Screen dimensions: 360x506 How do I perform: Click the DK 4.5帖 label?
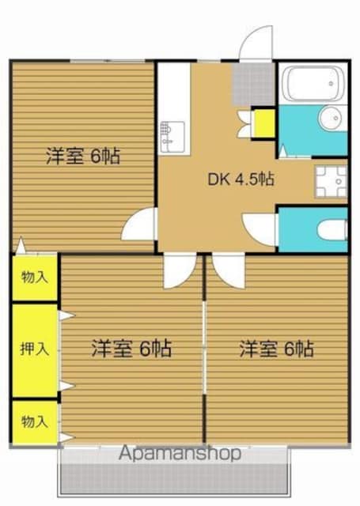click(241, 179)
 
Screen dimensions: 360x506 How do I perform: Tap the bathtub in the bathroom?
click(313, 83)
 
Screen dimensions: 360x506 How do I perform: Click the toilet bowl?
click(332, 230)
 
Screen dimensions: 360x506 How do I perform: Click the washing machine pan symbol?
click(331, 181)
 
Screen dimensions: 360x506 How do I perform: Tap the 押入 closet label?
click(35, 349)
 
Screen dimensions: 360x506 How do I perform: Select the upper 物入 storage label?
click(35, 277)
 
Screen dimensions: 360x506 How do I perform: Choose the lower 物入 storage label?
click(35, 421)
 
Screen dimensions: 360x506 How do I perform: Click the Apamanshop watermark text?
click(180, 453)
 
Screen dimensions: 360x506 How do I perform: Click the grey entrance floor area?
click(253, 84)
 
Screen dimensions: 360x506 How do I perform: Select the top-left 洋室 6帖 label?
click(83, 157)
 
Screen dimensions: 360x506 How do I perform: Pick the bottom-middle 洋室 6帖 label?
click(131, 348)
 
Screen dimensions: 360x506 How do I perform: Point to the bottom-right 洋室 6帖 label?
click(276, 349)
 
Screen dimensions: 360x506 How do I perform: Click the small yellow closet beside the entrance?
click(263, 123)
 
